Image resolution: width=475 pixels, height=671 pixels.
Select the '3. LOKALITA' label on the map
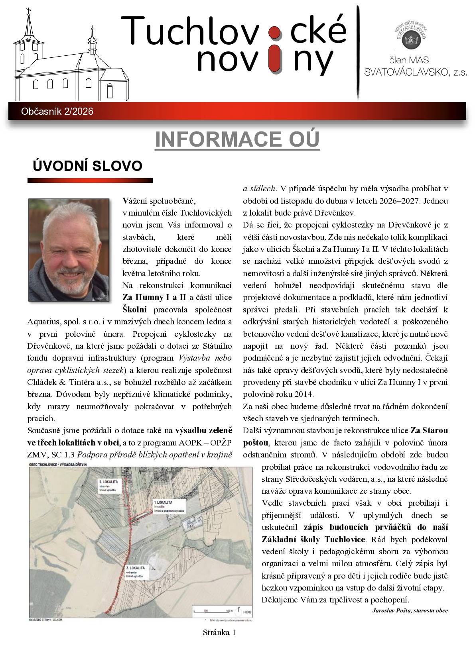(x=135, y=567)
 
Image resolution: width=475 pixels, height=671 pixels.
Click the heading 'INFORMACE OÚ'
(x=237, y=139)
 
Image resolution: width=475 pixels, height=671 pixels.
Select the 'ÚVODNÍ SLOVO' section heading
(x=87, y=166)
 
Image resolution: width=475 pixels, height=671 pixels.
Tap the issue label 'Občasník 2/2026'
(x=57, y=112)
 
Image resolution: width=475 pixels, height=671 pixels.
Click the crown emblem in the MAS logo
(x=411, y=39)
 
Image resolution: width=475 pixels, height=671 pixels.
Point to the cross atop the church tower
(x=28, y=12)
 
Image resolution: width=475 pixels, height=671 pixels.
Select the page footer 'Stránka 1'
(x=219, y=632)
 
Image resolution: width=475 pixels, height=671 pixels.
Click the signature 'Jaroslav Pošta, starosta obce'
(x=410, y=610)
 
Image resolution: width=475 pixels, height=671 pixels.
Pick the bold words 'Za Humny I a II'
(x=154, y=297)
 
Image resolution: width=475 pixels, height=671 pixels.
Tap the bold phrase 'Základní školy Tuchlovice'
(x=313, y=540)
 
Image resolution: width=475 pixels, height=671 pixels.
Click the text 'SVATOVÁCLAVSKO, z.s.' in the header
(x=415, y=72)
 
